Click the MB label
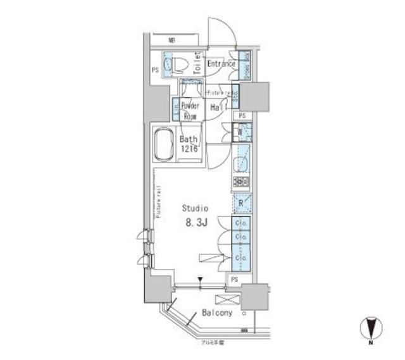[x=171, y=40]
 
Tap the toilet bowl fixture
[x=179, y=63]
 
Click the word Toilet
[x=197, y=63]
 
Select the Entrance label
[x=221, y=64]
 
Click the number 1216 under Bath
[x=190, y=149]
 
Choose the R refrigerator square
[x=241, y=203]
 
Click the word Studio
[x=195, y=208]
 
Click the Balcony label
[x=217, y=313]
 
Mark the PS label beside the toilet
[x=154, y=70]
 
